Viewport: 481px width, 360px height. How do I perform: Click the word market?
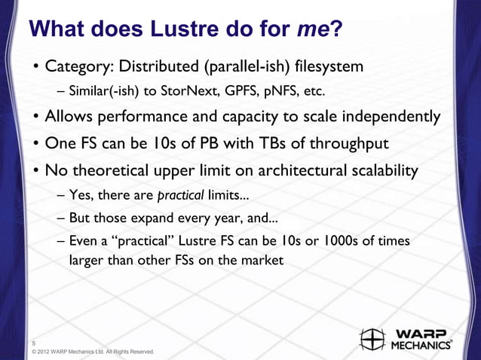coord(262,261)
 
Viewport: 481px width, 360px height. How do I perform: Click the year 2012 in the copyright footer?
coord(51,352)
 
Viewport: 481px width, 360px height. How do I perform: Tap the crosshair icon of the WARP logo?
coord(373,340)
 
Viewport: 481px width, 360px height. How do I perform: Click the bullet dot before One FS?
coord(35,144)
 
